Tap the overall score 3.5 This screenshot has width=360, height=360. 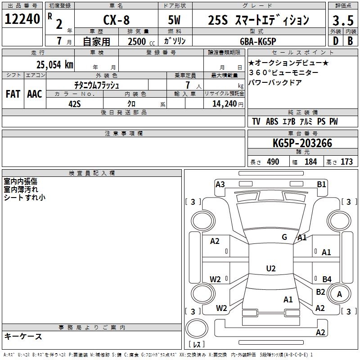pos(342,20)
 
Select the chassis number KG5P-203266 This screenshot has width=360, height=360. pos(302,144)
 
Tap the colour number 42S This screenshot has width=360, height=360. pos(74,103)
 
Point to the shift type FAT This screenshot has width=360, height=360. pos(13,94)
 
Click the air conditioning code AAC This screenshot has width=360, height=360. pos(35,94)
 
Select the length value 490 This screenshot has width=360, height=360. pos(273,162)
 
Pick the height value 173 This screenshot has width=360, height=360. pos(346,162)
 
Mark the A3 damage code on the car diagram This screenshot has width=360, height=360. pos(220,184)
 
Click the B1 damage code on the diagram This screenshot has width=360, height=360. pos(321,184)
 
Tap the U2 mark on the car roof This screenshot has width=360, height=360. pos(270,268)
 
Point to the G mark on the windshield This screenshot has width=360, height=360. pos(284,237)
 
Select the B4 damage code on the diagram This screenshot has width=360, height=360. pos(327,279)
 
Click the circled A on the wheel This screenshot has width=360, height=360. pos(339,294)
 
